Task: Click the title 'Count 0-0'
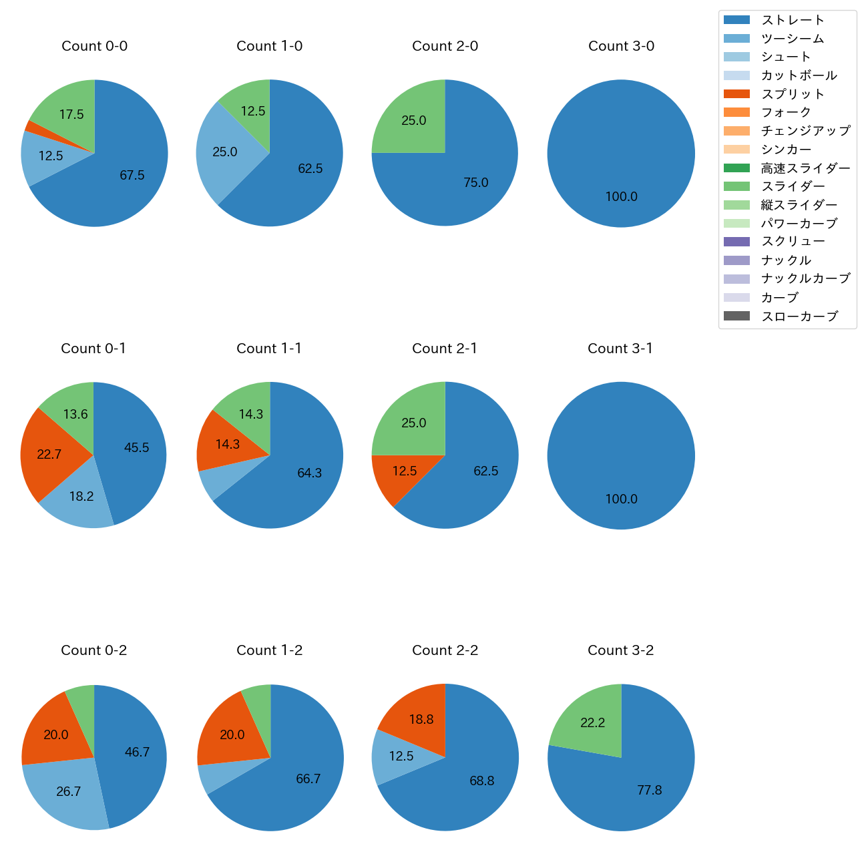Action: [x=94, y=46]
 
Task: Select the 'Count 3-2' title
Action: [x=620, y=650]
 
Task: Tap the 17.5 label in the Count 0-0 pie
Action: [x=71, y=114]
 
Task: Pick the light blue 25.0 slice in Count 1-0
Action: [x=224, y=152]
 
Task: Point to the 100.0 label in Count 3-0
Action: [x=621, y=197]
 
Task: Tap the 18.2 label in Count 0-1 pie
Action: [x=81, y=497]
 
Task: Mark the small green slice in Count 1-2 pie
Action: [x=258, y=698]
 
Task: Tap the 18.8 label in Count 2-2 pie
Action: [x=421, y=720]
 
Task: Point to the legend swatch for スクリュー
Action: [x=736, y=242]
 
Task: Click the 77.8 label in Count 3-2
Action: [x=649, y=791]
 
